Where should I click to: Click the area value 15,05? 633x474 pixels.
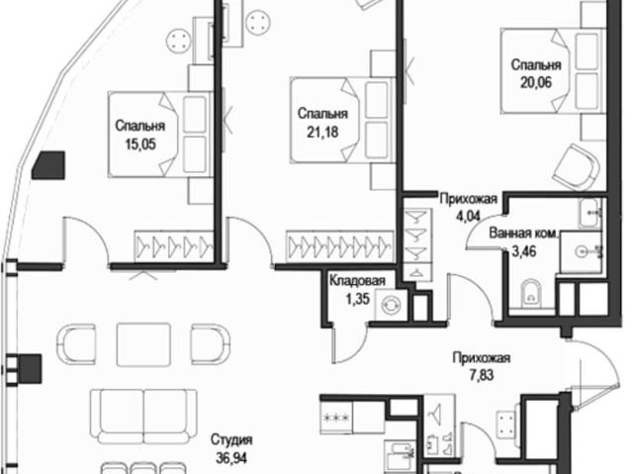140,144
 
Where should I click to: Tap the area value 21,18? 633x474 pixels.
322,132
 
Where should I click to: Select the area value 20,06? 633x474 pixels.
536,82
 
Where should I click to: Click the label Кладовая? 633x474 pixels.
357,281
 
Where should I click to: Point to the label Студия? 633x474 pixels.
231,439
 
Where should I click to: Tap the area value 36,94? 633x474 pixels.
231,458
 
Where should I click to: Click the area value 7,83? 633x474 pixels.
482,375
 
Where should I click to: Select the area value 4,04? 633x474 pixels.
468,216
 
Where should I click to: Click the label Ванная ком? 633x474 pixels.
524,234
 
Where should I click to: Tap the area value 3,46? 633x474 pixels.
524,251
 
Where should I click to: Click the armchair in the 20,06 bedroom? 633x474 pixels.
576,166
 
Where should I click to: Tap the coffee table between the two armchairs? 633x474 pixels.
143,344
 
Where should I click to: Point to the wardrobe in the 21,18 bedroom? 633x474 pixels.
339,246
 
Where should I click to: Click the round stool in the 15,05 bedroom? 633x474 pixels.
178,40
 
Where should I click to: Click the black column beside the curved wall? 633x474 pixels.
48,165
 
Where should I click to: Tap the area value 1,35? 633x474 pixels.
358,299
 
